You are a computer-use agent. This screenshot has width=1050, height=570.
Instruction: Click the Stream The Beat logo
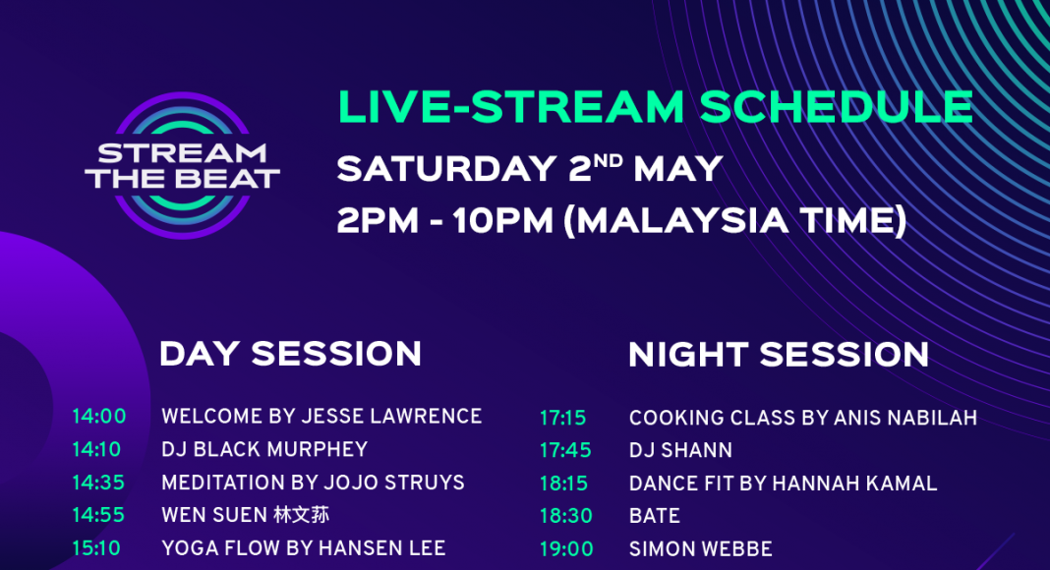[x=182, y=165]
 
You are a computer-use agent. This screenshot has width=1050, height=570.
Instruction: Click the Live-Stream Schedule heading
[x=655, y=107]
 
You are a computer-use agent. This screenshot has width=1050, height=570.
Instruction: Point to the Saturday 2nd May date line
[x=530, y=168]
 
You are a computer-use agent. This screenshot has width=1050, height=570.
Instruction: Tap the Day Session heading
[x=290, y=353]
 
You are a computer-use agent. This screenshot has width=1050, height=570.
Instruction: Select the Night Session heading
[x=778, y=355]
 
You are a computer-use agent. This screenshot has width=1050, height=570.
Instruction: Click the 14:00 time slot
[x=99, y=416]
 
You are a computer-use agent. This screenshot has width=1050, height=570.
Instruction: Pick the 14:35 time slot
[x=98, y=483]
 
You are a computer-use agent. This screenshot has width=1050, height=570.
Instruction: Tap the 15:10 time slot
[x=96, y=548]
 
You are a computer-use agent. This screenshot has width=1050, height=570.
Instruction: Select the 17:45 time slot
[x=565, y=450]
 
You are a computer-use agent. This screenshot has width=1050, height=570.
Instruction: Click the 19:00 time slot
[x=566, y=549]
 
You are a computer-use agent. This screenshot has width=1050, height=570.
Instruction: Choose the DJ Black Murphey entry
[x=264, y=449]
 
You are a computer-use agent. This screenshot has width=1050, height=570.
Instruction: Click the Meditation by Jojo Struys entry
[x=313, y=483]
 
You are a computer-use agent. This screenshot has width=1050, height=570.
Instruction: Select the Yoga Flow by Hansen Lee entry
[x=304, y=548]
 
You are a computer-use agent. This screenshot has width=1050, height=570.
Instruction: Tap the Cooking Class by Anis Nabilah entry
[x=803, y=418]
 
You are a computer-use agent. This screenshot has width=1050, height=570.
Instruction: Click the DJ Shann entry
[x=680, y=450]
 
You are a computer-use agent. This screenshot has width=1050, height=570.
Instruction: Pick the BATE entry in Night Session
[x=654, y=516]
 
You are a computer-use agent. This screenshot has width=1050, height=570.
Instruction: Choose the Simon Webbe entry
[x=700, y=549]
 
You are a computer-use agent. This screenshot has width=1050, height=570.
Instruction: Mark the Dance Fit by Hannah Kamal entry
[x=783, y=484]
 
